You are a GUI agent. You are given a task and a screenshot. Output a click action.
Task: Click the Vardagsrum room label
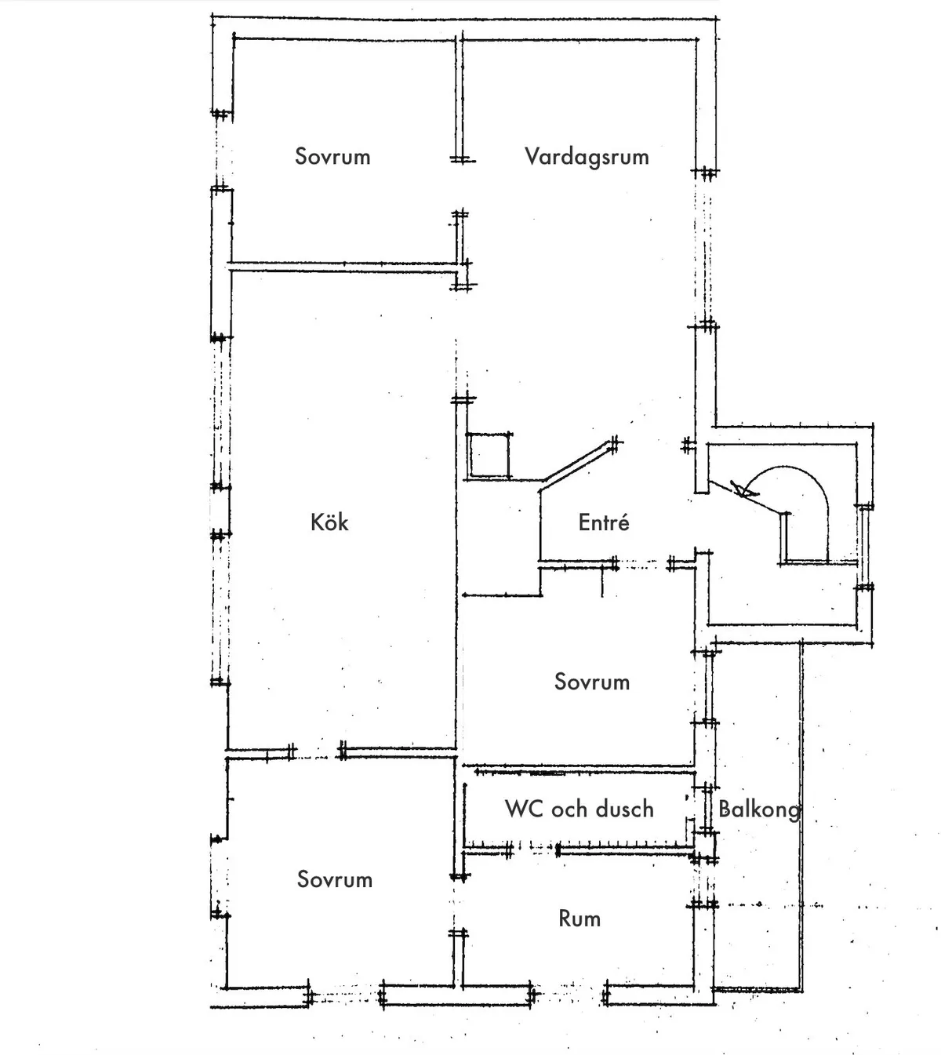pyautogui.click(x=587, y=156)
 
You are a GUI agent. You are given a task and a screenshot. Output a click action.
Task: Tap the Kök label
pyautogui.click(x=329, y=522)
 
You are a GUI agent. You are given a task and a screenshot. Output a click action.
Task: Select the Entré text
pyautogui.click(x=604, y=522)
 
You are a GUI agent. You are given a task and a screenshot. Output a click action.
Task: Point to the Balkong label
pyautogui.click(x=759, y=809)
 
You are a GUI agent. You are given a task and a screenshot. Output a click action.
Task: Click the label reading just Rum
pyautogui.click(x=579, y=919)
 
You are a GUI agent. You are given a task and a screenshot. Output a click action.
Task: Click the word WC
pyautogui.click(x=523, y=809)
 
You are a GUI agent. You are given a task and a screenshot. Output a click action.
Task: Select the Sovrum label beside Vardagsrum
pyautogui.click(x=332, y=156)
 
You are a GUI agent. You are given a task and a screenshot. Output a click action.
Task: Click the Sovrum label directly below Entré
pyautogui.click(x=592, y=682)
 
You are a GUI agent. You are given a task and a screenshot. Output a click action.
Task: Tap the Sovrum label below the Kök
pyautogui.click(x=335, y=879)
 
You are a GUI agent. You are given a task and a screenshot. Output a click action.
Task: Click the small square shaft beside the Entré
pyautogui.click(x=489, y=455)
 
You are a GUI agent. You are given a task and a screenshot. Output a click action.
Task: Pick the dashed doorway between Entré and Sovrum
pyautogui.click(x=643, y=563)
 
